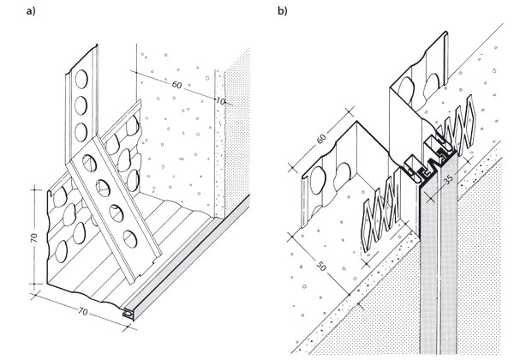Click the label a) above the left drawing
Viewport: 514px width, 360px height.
(x=31, y=11)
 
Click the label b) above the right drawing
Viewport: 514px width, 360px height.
(x=282, y=11)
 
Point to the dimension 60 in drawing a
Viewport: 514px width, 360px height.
(x=176, y=85)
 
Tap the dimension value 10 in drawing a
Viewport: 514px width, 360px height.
(x=221, y=101)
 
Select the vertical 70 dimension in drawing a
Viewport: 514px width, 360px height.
(x=34, y=237)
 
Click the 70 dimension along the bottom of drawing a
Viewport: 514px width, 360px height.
(x=83, y=311)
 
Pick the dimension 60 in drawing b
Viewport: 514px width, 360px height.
(x=321, y=139)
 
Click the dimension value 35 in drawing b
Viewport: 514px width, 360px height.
(x=448, y=178)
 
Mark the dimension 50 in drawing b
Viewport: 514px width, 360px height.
(x=321, y=267)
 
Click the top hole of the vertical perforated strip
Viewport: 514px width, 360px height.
(x=81, y=80)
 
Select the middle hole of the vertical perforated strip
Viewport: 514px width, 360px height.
(x=81, y=105)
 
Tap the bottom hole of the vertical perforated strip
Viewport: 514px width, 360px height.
(x=81, y=132)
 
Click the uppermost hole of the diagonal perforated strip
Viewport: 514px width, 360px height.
(x=89, y=163)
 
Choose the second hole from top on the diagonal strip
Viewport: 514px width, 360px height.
(x=103, y=188)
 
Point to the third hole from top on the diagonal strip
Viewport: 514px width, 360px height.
(x=117, y=213)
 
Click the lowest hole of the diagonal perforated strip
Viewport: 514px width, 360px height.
(x=130, y=239)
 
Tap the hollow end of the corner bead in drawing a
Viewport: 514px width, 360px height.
(x=128, y=314)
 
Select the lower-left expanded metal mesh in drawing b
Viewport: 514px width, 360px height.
(x=382, y=213)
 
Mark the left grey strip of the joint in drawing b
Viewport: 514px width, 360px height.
(x=428, y=269)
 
